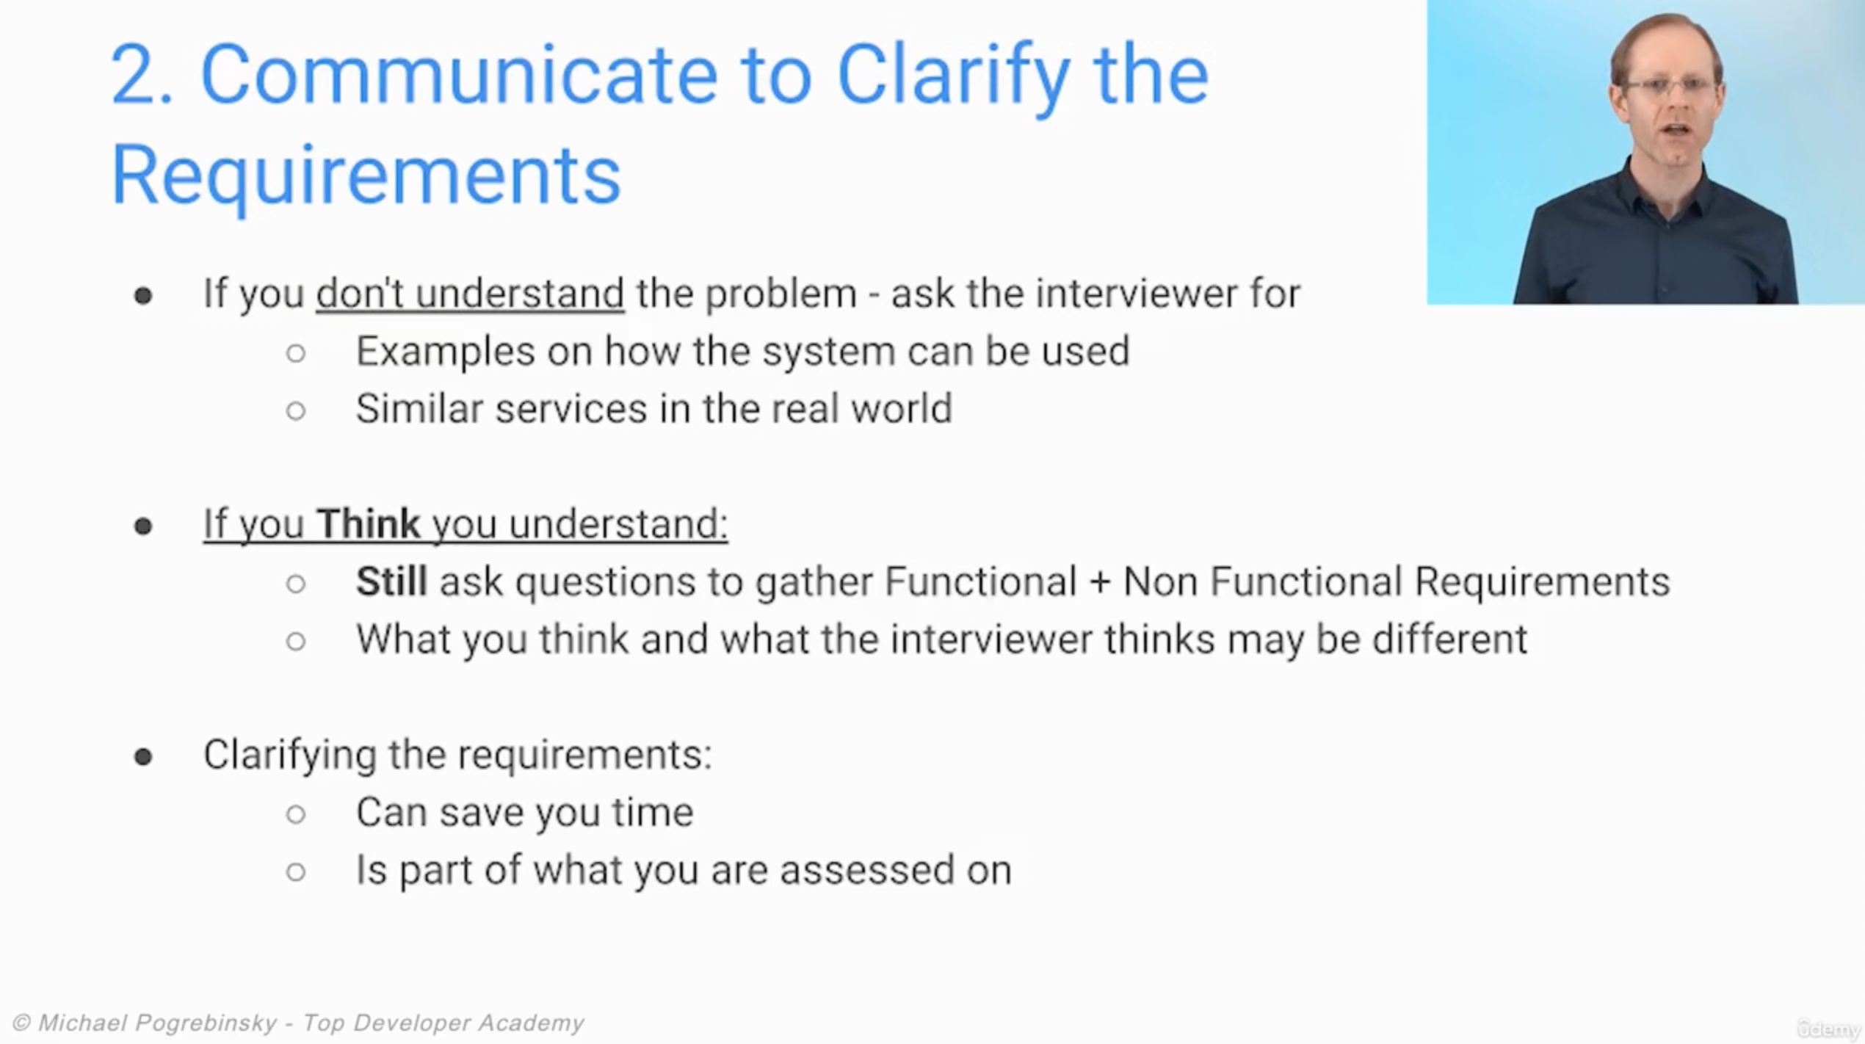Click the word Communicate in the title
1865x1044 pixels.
[459, 75]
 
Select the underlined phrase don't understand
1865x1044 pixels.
[470, 293]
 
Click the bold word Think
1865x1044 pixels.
[368, 523]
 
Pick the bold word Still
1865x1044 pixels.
[391, 581]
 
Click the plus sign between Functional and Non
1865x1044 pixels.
[1099, 582]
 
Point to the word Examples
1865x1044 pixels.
[445, 351]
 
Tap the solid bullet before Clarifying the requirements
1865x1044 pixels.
[143, 756]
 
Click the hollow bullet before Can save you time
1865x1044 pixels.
[296, 814]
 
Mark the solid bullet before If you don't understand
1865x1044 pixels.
[143, 296]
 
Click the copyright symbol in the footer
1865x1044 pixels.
[21, 1023]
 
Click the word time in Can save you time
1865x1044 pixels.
[652, 813]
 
